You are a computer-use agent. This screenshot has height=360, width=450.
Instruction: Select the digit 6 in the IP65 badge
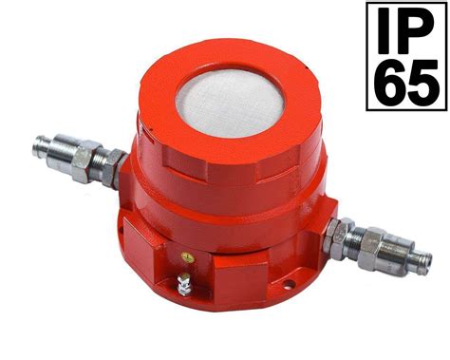[388, 82]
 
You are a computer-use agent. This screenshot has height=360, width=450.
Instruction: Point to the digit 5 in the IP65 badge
[422, 82]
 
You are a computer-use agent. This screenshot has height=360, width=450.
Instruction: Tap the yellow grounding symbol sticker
[188, 257]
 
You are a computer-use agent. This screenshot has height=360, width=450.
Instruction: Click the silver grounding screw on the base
[183, 284]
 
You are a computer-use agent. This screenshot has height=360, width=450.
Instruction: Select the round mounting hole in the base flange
[288, 283]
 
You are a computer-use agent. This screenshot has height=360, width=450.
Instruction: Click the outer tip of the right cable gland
[428, 264]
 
